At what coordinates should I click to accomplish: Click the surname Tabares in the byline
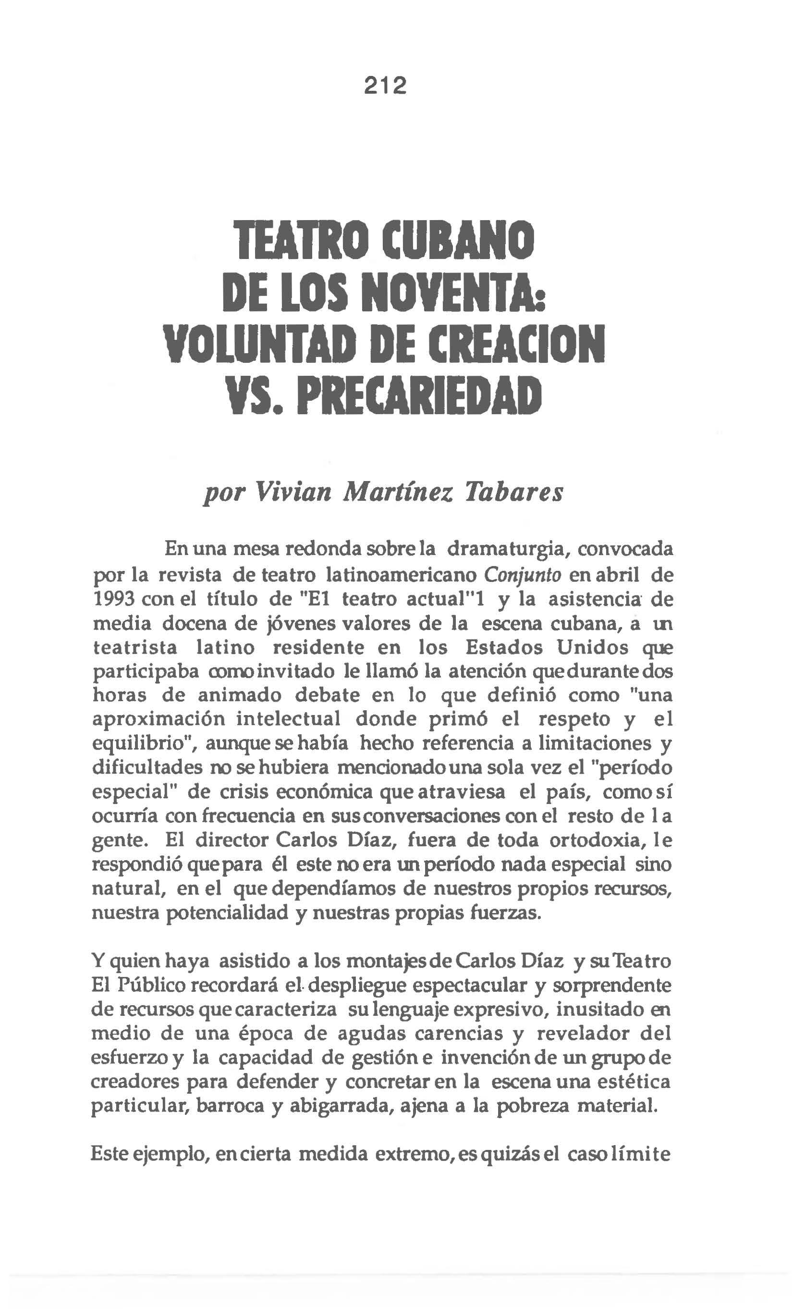click(514, 491)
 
